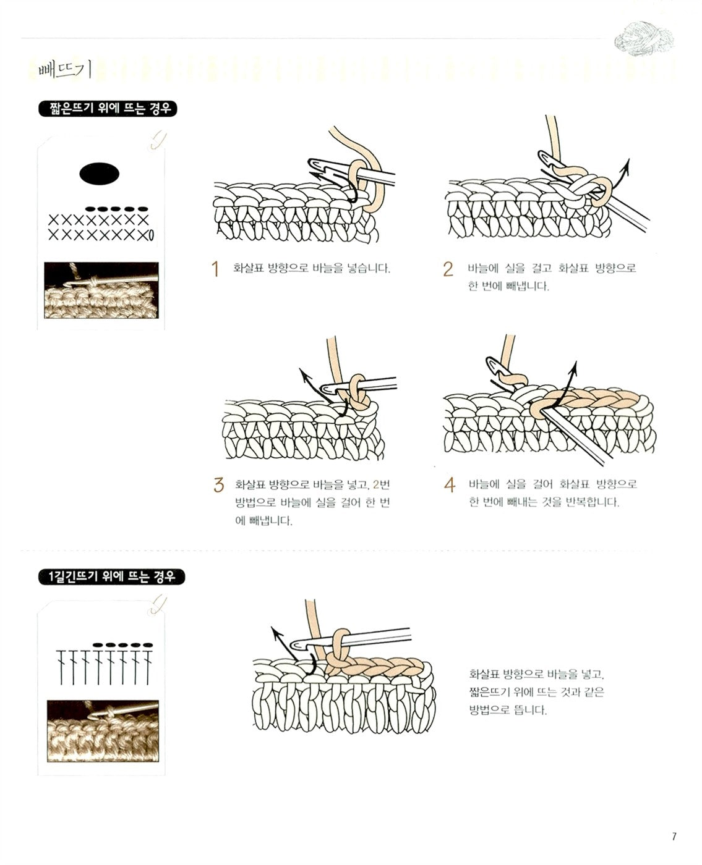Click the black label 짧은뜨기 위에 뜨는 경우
108,109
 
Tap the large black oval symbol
100,174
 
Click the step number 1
215,269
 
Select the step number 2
448,269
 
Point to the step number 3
218,485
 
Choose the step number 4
450,485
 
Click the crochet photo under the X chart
101,290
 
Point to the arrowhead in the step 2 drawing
627,163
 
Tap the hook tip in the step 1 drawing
312,164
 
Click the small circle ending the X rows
151,235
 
